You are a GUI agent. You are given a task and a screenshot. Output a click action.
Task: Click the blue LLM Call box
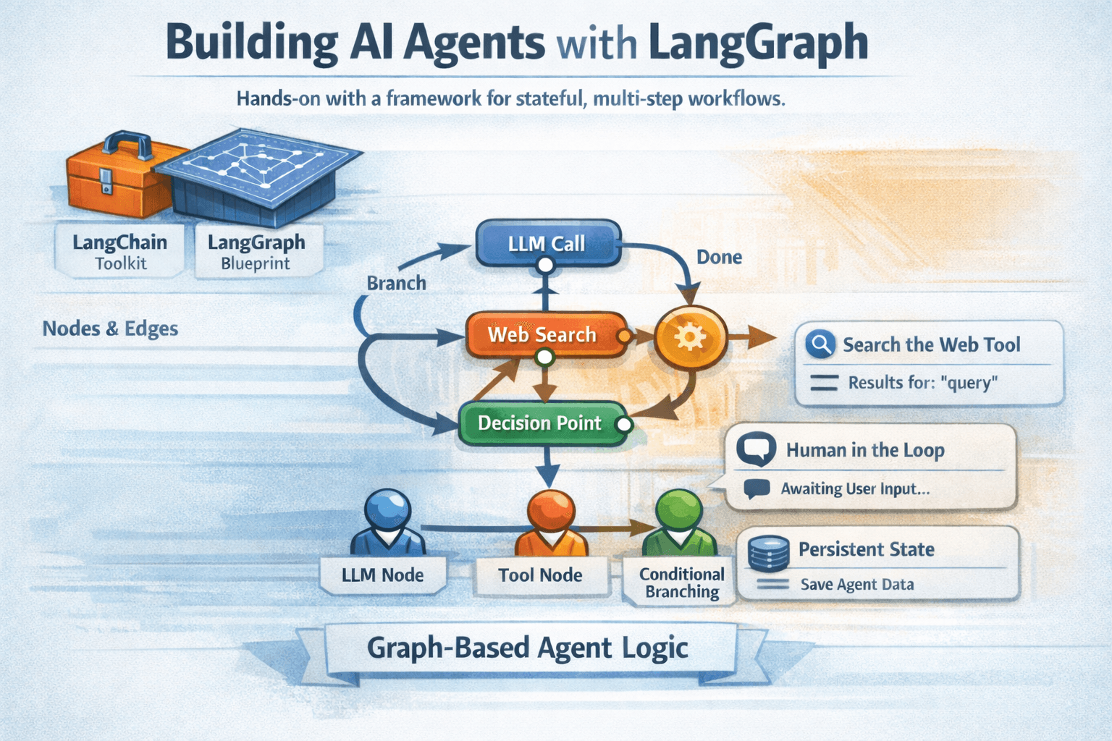point(547,244)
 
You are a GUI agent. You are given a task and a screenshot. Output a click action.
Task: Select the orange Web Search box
point(543,334)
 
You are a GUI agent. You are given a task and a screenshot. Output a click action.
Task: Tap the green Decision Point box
point(540,423)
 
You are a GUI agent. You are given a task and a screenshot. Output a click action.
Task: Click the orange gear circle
point(690,336)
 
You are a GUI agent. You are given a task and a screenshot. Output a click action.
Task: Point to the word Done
point(719,258)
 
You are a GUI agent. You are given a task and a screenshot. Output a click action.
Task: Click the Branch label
point(396,283)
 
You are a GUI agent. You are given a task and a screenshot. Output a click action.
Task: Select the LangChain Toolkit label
point(120,252)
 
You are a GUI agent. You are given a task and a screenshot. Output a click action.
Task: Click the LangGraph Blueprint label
point(256,252)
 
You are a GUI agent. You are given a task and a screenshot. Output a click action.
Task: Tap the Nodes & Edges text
point(110,329)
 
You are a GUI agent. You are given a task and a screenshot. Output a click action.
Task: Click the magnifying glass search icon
point(820,344)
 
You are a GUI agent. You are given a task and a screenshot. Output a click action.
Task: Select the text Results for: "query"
point(923,382)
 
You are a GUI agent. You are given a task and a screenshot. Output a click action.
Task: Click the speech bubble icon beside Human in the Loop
point(757,449)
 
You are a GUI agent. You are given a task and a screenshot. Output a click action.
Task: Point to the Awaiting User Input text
point(855,489)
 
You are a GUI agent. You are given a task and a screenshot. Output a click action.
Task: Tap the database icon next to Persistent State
point(768,553)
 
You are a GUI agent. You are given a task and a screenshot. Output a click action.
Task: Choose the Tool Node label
point(540,575)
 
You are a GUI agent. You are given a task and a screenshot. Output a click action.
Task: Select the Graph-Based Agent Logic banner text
point(527,648)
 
